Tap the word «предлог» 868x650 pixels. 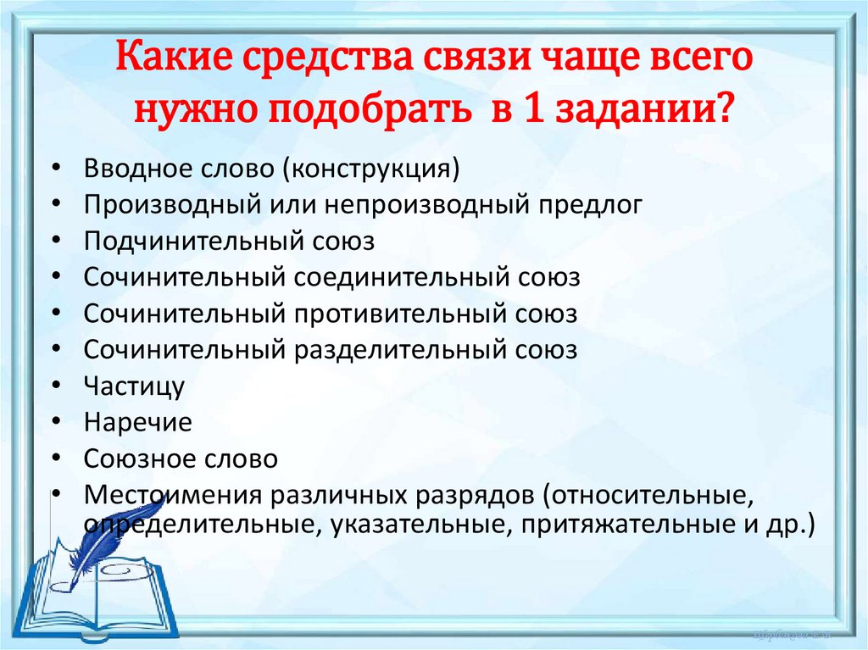coord(601,204)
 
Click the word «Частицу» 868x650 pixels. coord(134,386)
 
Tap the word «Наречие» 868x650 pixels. coord(137,422)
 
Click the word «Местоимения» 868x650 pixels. coord(167,495)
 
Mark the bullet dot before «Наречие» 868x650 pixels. coord(55,422)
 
